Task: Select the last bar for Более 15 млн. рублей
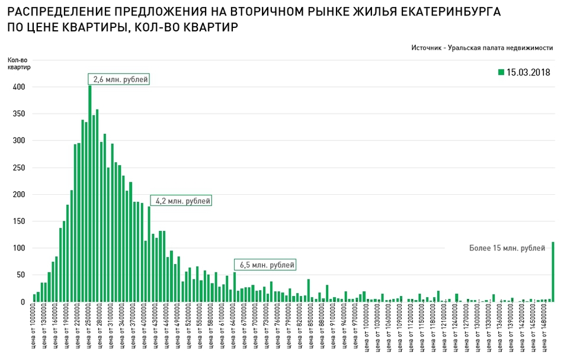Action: click(553, 272)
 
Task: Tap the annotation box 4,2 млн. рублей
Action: click(181, 201)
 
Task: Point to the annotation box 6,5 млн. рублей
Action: click(265, 265)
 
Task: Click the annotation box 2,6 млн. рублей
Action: click(119, 79)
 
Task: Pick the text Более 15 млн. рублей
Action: click(507, 248)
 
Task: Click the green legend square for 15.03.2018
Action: click(501, 72)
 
